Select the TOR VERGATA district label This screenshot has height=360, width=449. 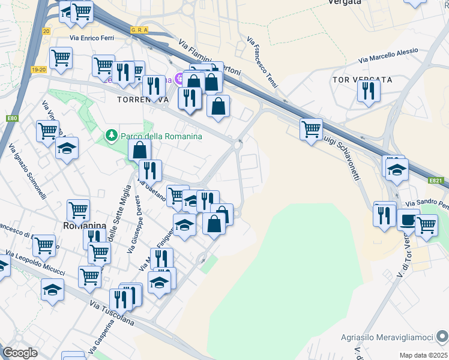coord(362,80)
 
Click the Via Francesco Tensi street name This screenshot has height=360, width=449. coord(262,62)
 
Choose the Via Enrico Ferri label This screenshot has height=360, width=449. coord(92,38)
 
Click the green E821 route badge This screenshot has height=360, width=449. coord(436,179)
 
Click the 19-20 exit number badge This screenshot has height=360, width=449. coord(39,70)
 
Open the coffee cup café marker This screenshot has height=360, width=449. coord(408,219)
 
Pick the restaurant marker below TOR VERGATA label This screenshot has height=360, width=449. coord(368,91)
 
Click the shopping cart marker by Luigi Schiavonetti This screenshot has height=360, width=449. coord(311,129)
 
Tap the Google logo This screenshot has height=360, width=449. coord(20,353)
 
